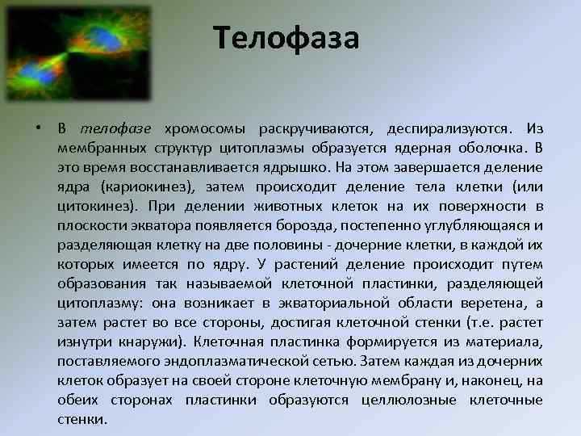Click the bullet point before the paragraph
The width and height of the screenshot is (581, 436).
pos(38,130)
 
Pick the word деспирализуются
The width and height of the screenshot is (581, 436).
pos(449,130)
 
